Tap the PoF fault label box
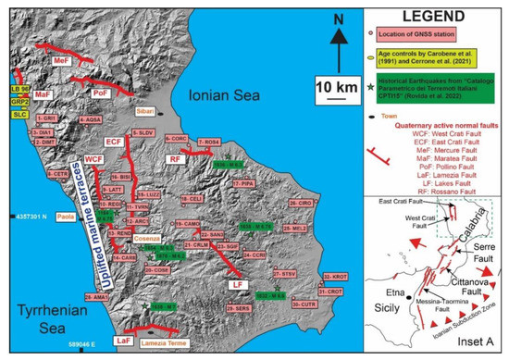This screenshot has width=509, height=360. tap(103, 93)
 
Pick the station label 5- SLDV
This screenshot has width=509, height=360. tap(143, 133)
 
